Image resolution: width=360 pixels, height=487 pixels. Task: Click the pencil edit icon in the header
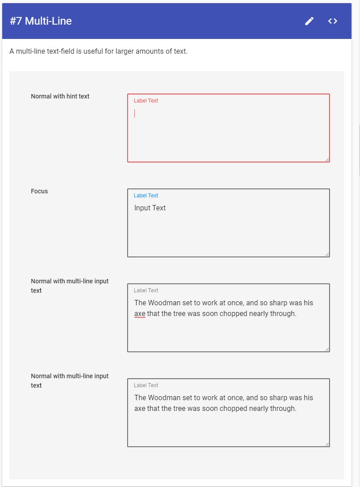309,21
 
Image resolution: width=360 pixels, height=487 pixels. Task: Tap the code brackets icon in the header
332,21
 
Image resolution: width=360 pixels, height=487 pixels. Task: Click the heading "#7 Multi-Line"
41,21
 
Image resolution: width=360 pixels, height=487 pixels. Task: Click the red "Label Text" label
146,101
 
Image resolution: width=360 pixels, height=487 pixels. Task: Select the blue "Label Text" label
146,196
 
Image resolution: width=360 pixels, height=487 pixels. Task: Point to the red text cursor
135,113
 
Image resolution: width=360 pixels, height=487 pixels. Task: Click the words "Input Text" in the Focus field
150,208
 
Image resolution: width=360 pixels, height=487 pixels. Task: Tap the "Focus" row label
39,191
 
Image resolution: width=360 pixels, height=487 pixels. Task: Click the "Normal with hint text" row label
60,96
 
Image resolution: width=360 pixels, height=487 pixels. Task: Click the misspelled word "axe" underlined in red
140,313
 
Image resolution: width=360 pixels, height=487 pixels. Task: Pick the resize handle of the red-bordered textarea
327,159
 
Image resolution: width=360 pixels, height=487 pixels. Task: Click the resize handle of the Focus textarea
327,254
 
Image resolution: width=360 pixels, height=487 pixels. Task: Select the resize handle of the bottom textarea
327,444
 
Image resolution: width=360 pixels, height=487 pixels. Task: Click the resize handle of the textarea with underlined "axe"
327,349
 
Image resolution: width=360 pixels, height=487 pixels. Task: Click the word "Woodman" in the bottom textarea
165,397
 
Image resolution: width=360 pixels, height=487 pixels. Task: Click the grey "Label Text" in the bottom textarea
146,385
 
